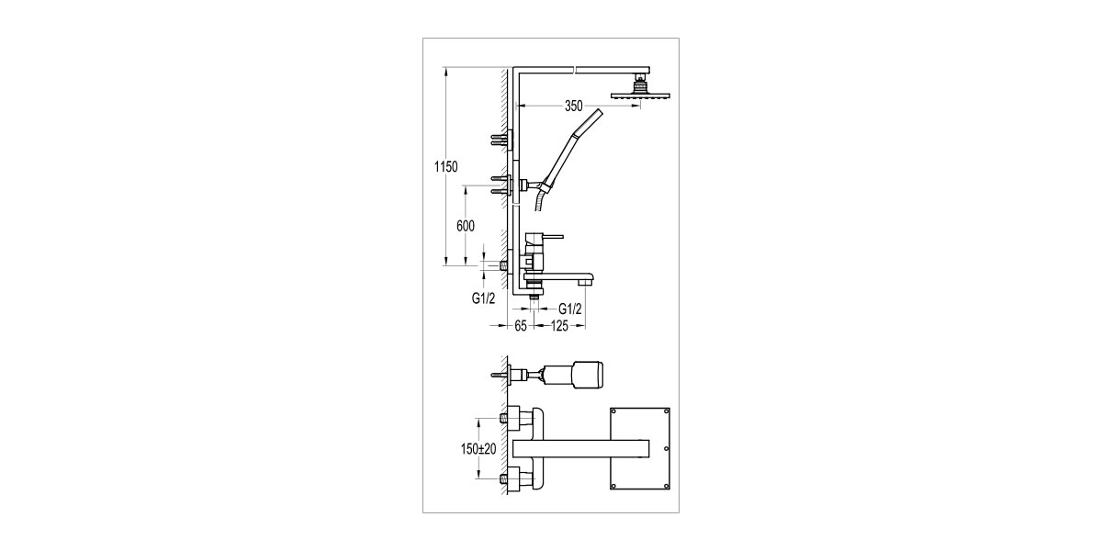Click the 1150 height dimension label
tap(445, 167)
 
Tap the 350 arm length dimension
tap(574, 106)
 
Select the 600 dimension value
tap(466, 226)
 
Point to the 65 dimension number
tap(521, 326)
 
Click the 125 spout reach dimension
tap(559, 326)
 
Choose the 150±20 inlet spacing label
tap(478, 449)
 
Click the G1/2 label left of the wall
tap(484, 298)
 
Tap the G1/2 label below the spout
tap(569, 309)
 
